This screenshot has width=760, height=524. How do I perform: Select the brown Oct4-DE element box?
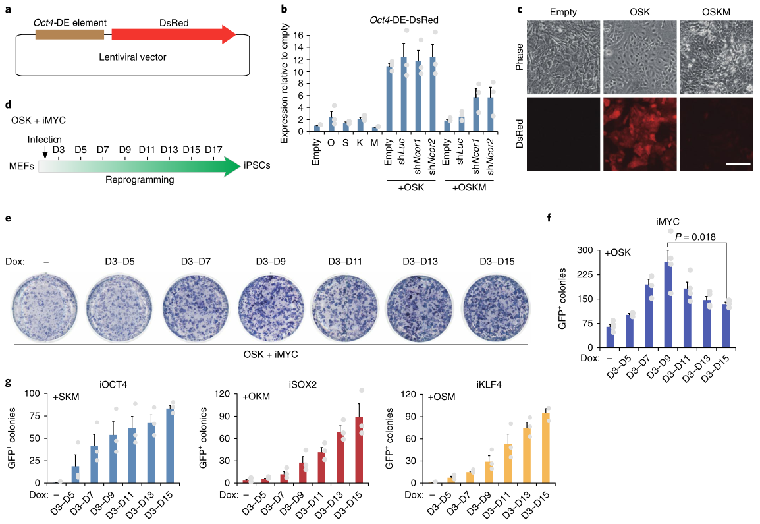coord(73,35)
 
